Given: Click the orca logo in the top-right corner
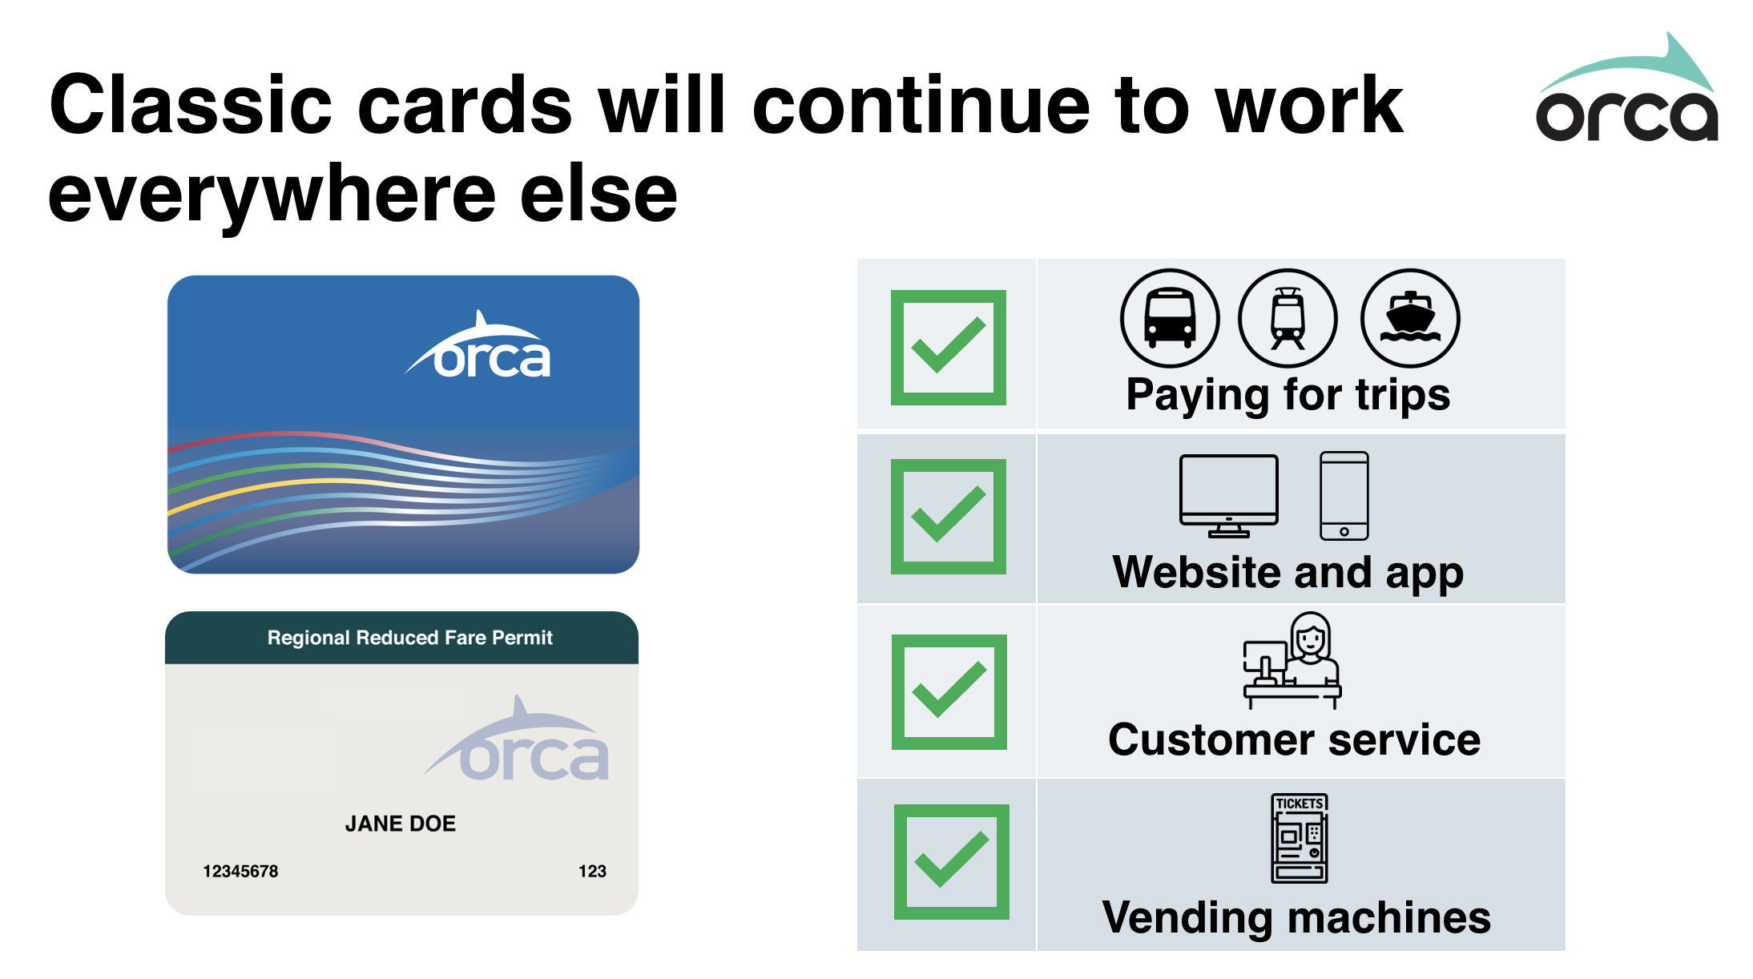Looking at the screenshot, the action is click(x=1626, y=88).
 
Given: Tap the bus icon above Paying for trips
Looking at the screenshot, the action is click(x=1170, y=318).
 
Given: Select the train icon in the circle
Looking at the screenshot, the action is click(x=1288, y=318).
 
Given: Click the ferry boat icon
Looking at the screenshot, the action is click(x=1410, y=318).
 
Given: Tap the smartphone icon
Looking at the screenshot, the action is click(x=1344, y=496).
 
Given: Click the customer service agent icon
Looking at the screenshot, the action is click(x=1292, y=660).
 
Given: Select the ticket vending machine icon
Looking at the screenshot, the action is click(x=1300, y=838).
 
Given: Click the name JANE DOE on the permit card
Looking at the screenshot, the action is click(x=401, y=824).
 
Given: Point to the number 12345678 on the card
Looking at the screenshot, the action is click(x=240, y=871).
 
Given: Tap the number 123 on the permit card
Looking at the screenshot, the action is click(x=592, y=871).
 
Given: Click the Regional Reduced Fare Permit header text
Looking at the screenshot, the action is click(x=410, y=638).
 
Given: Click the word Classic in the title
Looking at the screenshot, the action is click(x=191, y=105).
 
